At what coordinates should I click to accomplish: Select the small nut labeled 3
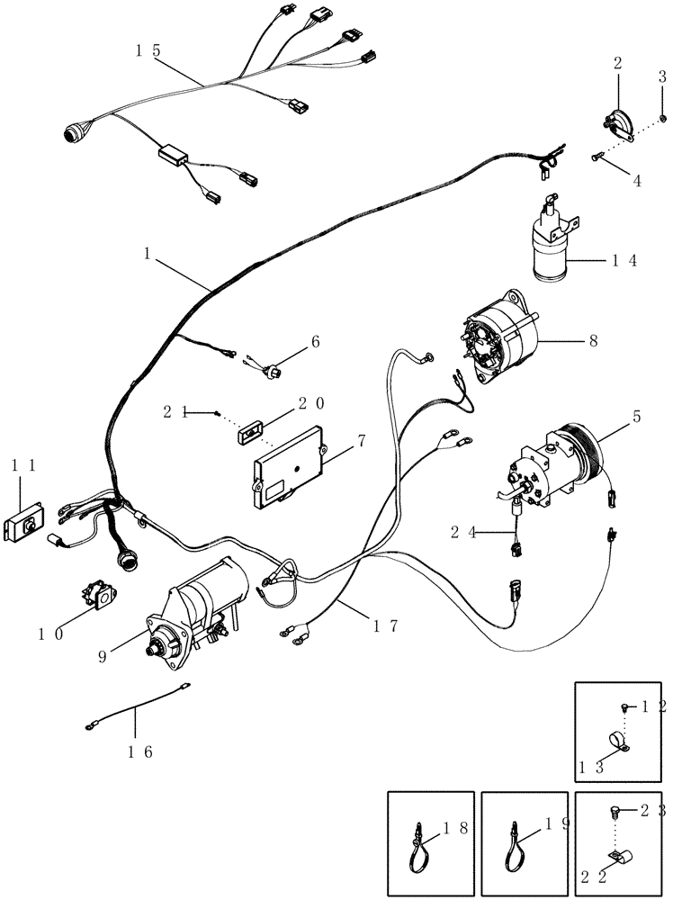(663, 118)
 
